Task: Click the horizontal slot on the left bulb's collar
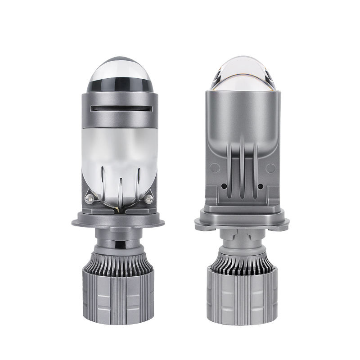point(121,109)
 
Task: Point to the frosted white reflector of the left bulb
point(121,148)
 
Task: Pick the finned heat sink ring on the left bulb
point(121,263)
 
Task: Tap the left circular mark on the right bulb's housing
point(214,168)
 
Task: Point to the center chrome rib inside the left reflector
point(121,189)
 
